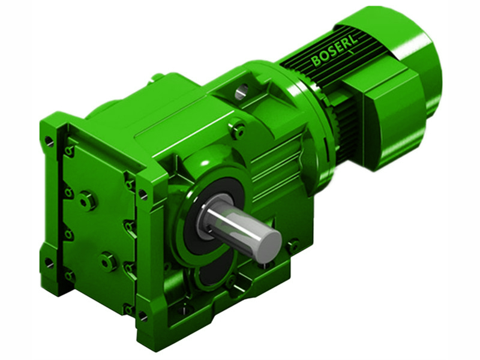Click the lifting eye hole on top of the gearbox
tap(241, 92)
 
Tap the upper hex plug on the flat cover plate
tap(88, 200)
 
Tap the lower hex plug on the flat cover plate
tap(107, 262)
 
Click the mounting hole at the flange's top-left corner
tap(49, 142)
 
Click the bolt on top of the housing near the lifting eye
tap(238, 129)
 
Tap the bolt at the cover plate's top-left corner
tap(70, 151)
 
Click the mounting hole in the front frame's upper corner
tap(143, 194)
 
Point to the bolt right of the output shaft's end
tap(293, 245)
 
